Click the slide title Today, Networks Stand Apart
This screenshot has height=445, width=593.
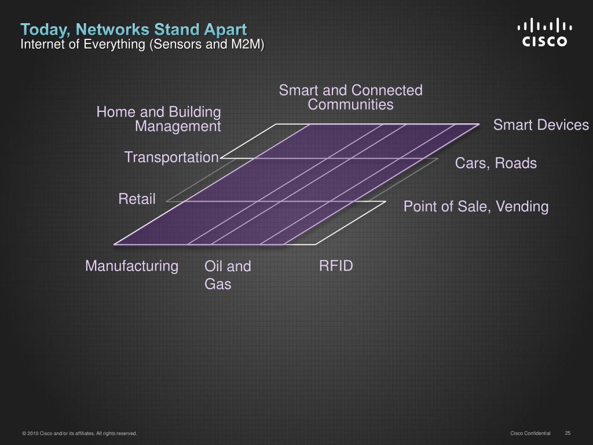(x=134, y=29)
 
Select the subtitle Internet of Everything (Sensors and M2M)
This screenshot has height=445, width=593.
(x=142, y=45)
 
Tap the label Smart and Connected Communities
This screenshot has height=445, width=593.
(x=350, y=97)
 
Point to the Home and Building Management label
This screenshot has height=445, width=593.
(x=159, y=119)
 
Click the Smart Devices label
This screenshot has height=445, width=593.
(x=541, y=125)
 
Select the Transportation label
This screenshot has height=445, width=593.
(x=171, y=157)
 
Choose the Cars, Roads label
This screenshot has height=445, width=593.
(x=496, y=163)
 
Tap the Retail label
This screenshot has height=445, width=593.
(x=137, y=199)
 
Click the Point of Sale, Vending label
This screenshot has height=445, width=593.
(x=475, y=206)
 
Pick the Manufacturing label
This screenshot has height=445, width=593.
(x=131, y=266)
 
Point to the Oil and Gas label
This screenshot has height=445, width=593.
(x=228, y=275)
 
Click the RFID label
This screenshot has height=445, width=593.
(x=336, y=266)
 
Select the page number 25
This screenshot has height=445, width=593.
(x=568, y=433)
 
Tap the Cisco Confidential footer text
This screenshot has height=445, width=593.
(x=530, y=433)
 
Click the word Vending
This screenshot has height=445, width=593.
(x=521, y=206)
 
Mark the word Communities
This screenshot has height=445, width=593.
(x=350, y=105)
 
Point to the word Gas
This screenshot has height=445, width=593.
(x=218, y=284)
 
